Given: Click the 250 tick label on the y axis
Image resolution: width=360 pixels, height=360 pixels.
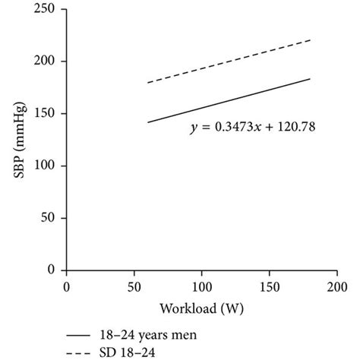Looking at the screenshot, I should click(x=49, y=9).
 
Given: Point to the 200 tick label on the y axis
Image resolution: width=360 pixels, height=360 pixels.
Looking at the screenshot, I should click(x=49, y=62).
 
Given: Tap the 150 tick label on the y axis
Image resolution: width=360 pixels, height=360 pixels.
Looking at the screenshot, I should click(x=49, y=114).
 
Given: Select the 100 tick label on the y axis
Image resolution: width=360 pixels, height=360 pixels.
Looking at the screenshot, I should click(x=49, y=166).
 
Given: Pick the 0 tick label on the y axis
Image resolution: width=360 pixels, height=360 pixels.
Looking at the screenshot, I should click(x=55, y=270).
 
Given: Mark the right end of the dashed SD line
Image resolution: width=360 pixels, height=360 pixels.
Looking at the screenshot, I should click(x=310, y=39).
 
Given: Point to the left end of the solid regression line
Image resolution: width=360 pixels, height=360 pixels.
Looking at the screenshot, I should click(x=148, y=122).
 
